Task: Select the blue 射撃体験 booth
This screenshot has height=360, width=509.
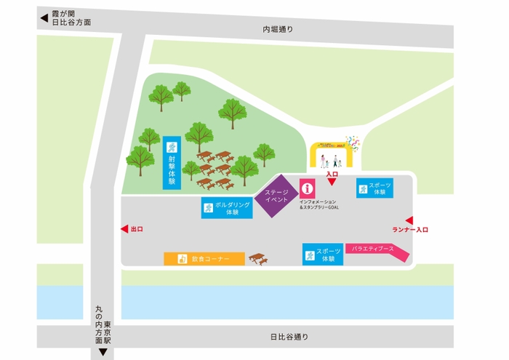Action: (x=172, y=161)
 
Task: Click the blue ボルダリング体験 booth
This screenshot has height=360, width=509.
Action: (x=227, y=209)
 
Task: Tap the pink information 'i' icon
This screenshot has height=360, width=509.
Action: (x=307, y=188)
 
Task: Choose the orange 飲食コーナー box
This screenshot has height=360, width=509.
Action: (x=204, y=259)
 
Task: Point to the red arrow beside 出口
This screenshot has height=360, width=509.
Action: (x=124, y=229)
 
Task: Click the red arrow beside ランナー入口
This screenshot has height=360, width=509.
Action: (x=409, y=220)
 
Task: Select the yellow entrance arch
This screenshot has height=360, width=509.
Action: (x=332, y=153)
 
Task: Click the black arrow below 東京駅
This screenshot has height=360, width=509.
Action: (x=103, y=353)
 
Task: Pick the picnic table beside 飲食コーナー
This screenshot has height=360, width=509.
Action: (x=257, y=259)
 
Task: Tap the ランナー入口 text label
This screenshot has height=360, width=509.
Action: (x=410, y=231)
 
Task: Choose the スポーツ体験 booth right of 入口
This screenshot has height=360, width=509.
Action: (x=375, y=189)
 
